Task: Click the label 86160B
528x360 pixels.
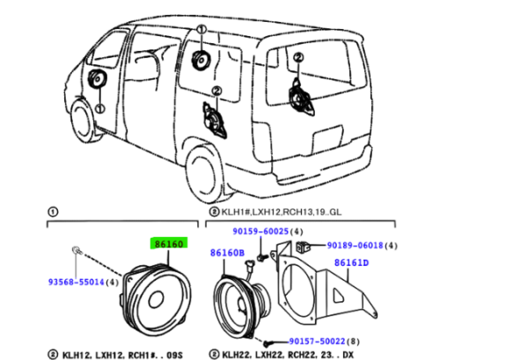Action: (x=226, y=253)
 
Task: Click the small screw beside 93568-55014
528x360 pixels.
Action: (x=77, y=253)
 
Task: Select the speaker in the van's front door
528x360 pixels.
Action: (x=96, y=82)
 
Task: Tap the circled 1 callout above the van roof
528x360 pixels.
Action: (x=202, y=32)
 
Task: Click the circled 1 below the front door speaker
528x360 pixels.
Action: (x=99, y=109)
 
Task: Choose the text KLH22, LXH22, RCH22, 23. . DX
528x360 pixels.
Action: (x=290, y=353)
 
